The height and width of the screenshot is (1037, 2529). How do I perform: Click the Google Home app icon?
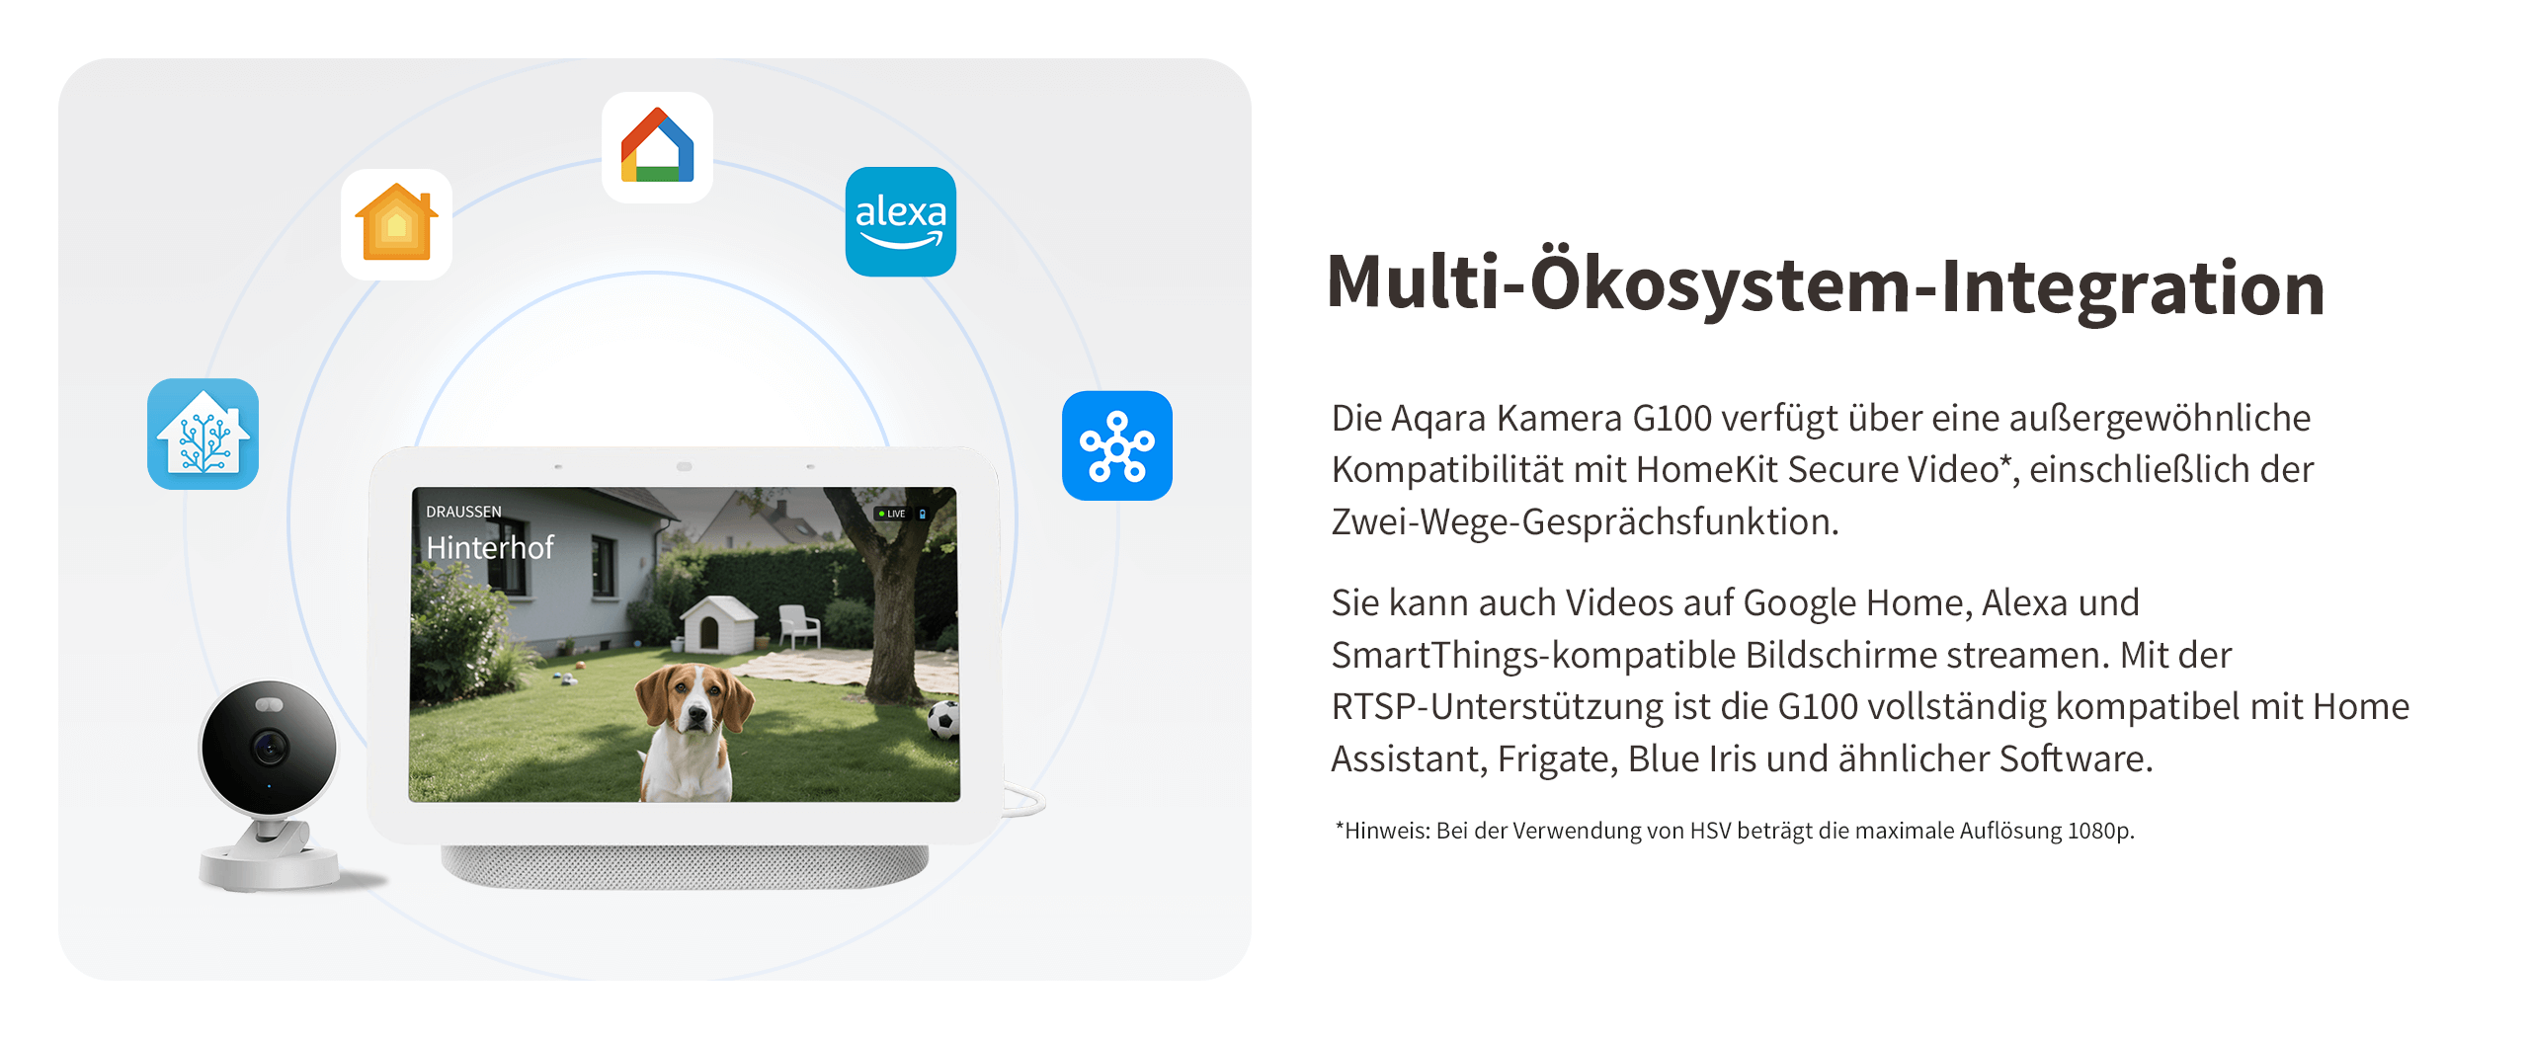click(x=657, y=147)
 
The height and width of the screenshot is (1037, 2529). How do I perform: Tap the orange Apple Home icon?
click(x=396, y=224)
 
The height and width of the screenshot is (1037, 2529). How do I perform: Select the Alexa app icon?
click(x=900, y=221)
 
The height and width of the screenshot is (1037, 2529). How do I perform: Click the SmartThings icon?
click(x=1117, y=445)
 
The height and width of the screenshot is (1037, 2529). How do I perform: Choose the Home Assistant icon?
click(x=203, y=434)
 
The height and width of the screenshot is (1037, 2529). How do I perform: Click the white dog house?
click(x=716, y=623)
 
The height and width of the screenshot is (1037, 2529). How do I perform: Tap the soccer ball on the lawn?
click(x=943, y=720)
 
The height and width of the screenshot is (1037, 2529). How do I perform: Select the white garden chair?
click(x=798, y=625)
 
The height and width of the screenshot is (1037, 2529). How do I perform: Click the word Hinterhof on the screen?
click(x=490, y=547)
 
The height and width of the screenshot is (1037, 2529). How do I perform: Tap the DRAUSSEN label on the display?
click(x=463, y=512)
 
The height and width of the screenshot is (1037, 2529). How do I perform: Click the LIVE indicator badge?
click(x=892, y=514)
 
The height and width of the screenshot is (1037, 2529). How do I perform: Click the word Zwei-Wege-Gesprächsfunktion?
click(x=1585, y=521)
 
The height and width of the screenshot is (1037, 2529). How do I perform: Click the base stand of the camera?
click(x=269, y=864)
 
